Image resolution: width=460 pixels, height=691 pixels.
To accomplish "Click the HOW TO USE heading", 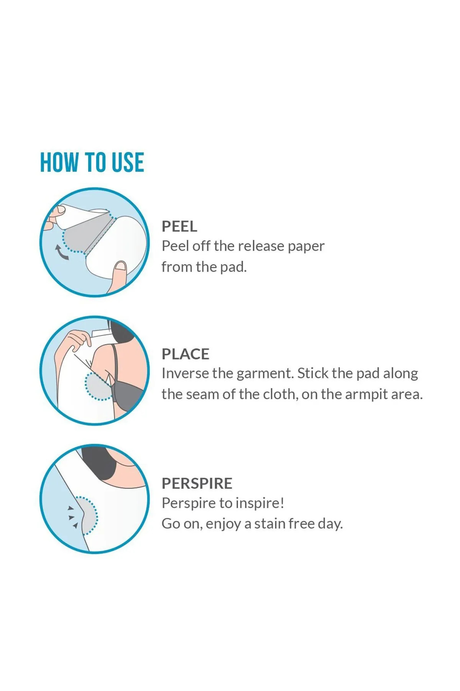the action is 92,162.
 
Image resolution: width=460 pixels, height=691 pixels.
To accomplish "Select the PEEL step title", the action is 179,226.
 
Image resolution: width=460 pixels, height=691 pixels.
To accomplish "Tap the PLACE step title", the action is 186,354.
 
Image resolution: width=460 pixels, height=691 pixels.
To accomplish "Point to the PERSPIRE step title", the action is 197,483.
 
